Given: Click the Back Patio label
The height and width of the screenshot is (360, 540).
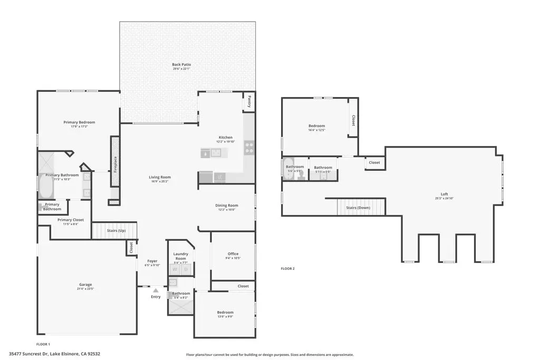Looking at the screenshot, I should click(x=181, y=65).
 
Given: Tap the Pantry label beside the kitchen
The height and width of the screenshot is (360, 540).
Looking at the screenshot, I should click(x=249, y=101).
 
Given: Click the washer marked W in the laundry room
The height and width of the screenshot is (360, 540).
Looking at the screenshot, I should click(x=175, y=269).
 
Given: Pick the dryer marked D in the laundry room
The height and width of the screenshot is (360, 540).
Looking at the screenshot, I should click(x=186, y=269).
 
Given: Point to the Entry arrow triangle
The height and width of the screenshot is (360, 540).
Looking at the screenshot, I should click(x=156, y=289).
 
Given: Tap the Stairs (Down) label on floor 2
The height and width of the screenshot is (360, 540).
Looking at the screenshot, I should click(x=359, y=208).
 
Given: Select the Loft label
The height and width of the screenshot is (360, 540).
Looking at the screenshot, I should click(x=445, y=193).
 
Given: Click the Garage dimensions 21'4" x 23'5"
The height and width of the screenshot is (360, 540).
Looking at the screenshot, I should click(x=85, y=289).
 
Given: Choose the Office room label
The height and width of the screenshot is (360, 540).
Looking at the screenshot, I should click(x=233, y=254).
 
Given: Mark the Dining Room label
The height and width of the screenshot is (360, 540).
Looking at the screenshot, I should click(x=227, y=205).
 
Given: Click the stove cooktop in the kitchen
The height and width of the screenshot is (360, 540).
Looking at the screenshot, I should click(x=249, y=148).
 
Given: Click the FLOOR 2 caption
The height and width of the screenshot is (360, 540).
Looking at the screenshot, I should click(x=287, y=269).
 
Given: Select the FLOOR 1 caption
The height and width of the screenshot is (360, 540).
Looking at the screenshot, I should click(x=43, y=344).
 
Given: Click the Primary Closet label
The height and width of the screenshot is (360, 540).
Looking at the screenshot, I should click(x=71, y=219).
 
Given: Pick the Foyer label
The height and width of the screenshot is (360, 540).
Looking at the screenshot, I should click(x=152, y=261).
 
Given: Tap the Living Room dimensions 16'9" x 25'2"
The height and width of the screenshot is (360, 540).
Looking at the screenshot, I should click(x=160, y=181).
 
